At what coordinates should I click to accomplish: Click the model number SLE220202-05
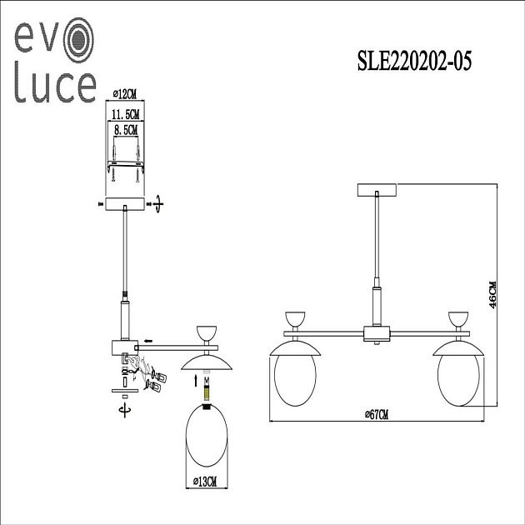(413, 63)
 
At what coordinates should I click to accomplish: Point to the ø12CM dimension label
(124, 93)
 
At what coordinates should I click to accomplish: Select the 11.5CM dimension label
(124, 112)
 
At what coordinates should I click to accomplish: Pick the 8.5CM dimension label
(124, 130)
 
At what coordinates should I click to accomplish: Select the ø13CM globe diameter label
(205, 482)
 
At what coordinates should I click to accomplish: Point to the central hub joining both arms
(377, 334)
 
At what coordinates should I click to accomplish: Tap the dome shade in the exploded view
(206, 360)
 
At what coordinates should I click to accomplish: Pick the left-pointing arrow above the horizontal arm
(146, 340)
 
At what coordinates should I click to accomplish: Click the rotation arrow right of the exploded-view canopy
(156, 202)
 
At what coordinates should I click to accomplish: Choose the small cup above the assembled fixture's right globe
(459, 318)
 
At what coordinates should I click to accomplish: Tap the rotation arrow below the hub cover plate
(125, 410)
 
